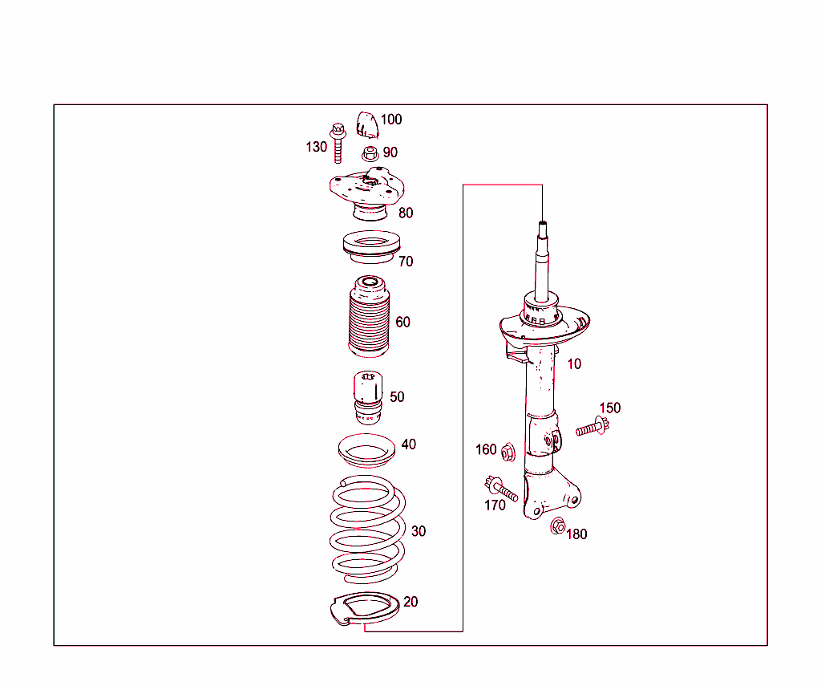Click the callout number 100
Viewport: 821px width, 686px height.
[391, 120]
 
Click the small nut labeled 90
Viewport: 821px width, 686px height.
[370, 152]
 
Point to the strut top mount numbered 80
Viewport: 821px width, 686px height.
[366, 194]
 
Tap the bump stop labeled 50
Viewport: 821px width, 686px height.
[367, 398]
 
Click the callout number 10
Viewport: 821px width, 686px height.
[574, 363]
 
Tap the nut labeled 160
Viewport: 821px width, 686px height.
[508, 453]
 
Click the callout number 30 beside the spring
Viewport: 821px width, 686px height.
[419, 531]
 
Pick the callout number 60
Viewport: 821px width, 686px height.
[402, 322]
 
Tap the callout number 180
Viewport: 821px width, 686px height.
[576, 534]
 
